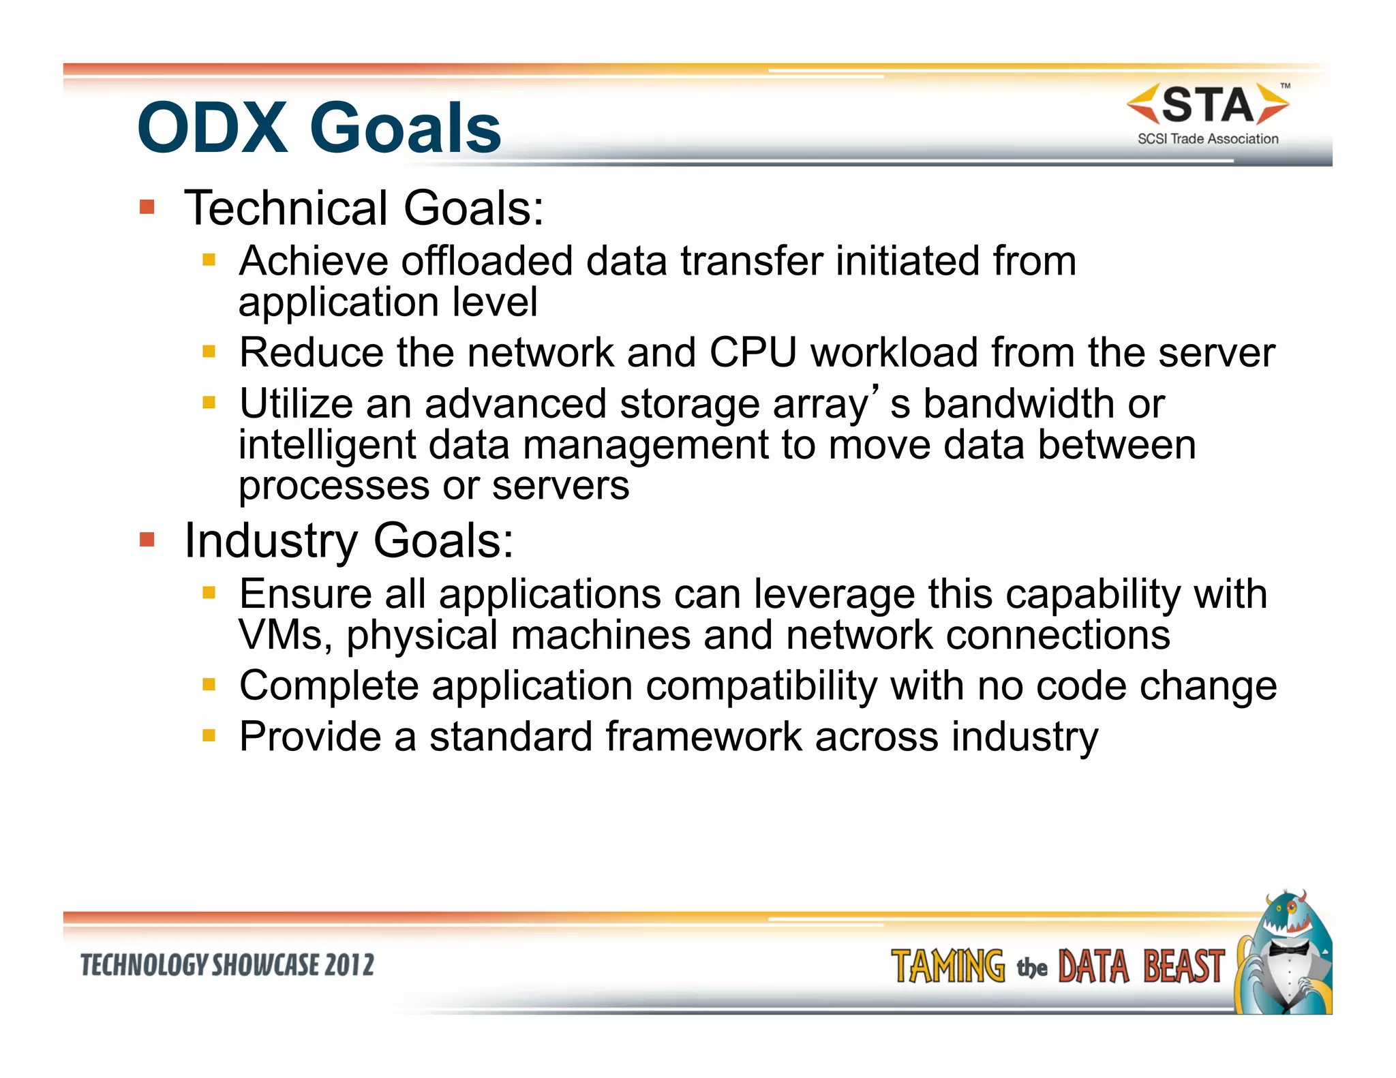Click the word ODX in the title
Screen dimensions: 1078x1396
point(213,128)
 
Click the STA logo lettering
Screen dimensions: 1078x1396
point(1208,106)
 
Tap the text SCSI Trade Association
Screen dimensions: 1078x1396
point(1208,139)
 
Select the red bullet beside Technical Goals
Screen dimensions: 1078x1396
point(147,206)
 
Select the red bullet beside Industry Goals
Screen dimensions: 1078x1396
point(147,540)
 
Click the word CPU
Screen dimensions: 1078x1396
point(753,353)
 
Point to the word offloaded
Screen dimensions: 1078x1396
point(487,261)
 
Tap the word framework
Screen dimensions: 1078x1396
point(703,737)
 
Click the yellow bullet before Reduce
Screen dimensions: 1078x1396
point(209,352)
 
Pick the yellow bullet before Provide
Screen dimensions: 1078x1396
point(209,735)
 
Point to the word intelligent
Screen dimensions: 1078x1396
point(327,445)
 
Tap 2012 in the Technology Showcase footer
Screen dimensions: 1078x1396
point(349,965)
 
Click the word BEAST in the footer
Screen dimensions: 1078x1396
point(1183,966)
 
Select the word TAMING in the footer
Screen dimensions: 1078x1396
point(947,966)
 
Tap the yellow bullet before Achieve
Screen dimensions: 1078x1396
point(209,260)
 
